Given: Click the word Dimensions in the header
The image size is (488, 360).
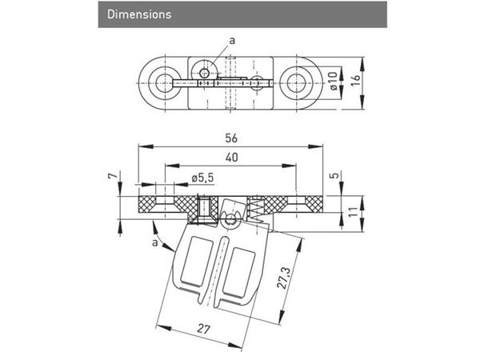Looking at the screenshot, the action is tap(139, 14).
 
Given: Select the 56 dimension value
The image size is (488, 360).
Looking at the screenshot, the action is tap(231, 138).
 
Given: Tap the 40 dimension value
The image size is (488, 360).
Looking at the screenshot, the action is tap(232, 158).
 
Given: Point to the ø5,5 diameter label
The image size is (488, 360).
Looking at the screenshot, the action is tap(202, 178).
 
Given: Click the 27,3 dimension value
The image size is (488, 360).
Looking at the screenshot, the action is tap(284, 278).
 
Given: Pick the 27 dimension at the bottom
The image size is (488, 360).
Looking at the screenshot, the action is tap(203, 329).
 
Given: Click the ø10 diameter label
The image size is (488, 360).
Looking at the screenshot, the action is tap(333, 81).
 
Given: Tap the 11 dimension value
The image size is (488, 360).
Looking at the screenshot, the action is tap(352, 211).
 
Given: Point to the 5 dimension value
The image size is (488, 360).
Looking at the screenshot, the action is tap(334, 175).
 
